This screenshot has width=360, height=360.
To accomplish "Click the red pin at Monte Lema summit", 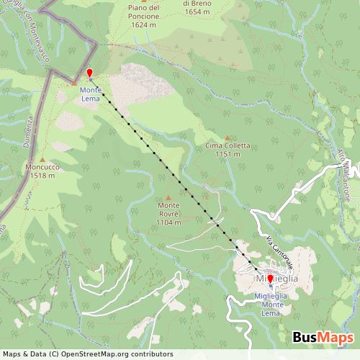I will [x=89, y=73].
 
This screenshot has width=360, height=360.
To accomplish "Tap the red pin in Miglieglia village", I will [x=270, y=279].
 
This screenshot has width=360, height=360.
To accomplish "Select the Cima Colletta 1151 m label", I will [x=228, y=149].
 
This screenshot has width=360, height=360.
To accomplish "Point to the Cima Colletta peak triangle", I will [x=228, y=138].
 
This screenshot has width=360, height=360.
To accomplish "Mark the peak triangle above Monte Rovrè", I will [x=169, y=197].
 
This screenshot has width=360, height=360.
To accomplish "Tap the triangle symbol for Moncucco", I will [x=42, y=160].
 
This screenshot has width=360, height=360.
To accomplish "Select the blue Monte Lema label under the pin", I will [x=91, y=94].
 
